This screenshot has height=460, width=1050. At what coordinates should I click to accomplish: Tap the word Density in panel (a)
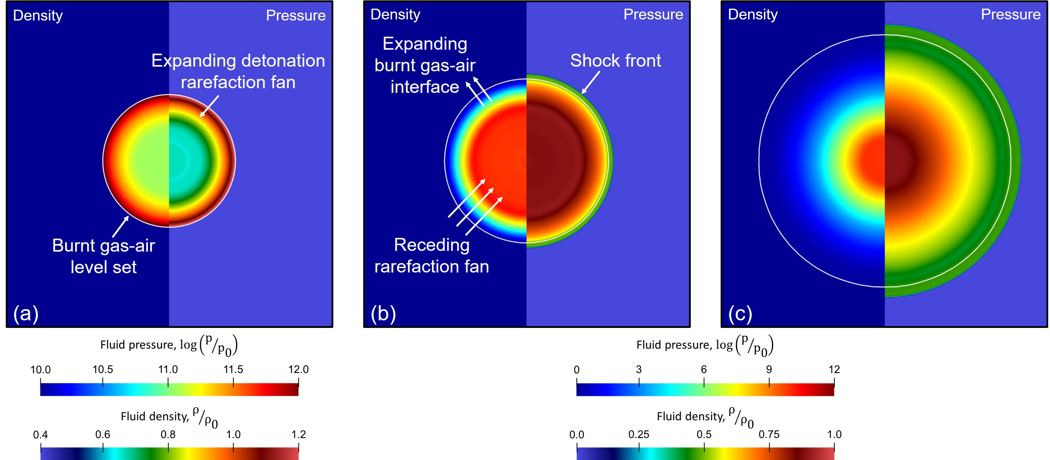[38, 15]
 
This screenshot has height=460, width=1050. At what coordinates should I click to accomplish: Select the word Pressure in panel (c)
[1010, 15]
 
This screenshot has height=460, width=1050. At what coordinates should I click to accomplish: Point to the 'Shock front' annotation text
[615, 61]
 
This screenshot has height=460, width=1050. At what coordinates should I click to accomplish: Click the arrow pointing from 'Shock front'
[591, 82]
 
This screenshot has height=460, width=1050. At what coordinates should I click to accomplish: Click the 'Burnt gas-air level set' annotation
[104, 256]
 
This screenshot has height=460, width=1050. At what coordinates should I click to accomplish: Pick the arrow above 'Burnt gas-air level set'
[121, 226]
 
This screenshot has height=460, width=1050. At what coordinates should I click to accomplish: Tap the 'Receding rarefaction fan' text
[431, 256]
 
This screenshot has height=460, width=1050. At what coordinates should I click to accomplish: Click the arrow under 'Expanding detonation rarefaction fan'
[209, 106]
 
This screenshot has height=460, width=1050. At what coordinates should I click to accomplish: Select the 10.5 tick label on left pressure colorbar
[102, 370]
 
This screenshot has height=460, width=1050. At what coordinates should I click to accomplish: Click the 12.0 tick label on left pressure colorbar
[298, 370]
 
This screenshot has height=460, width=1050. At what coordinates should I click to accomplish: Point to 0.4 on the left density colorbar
[40, 435]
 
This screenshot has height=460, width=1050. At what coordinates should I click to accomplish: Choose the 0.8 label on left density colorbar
[168, 435]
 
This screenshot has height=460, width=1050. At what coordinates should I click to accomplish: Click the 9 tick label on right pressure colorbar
[769, 370]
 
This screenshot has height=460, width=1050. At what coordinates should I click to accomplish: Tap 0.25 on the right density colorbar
[639, 435]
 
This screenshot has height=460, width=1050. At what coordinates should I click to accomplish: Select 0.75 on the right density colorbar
[769, 435]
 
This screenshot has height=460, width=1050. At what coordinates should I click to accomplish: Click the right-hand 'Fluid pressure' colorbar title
[705, 345]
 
